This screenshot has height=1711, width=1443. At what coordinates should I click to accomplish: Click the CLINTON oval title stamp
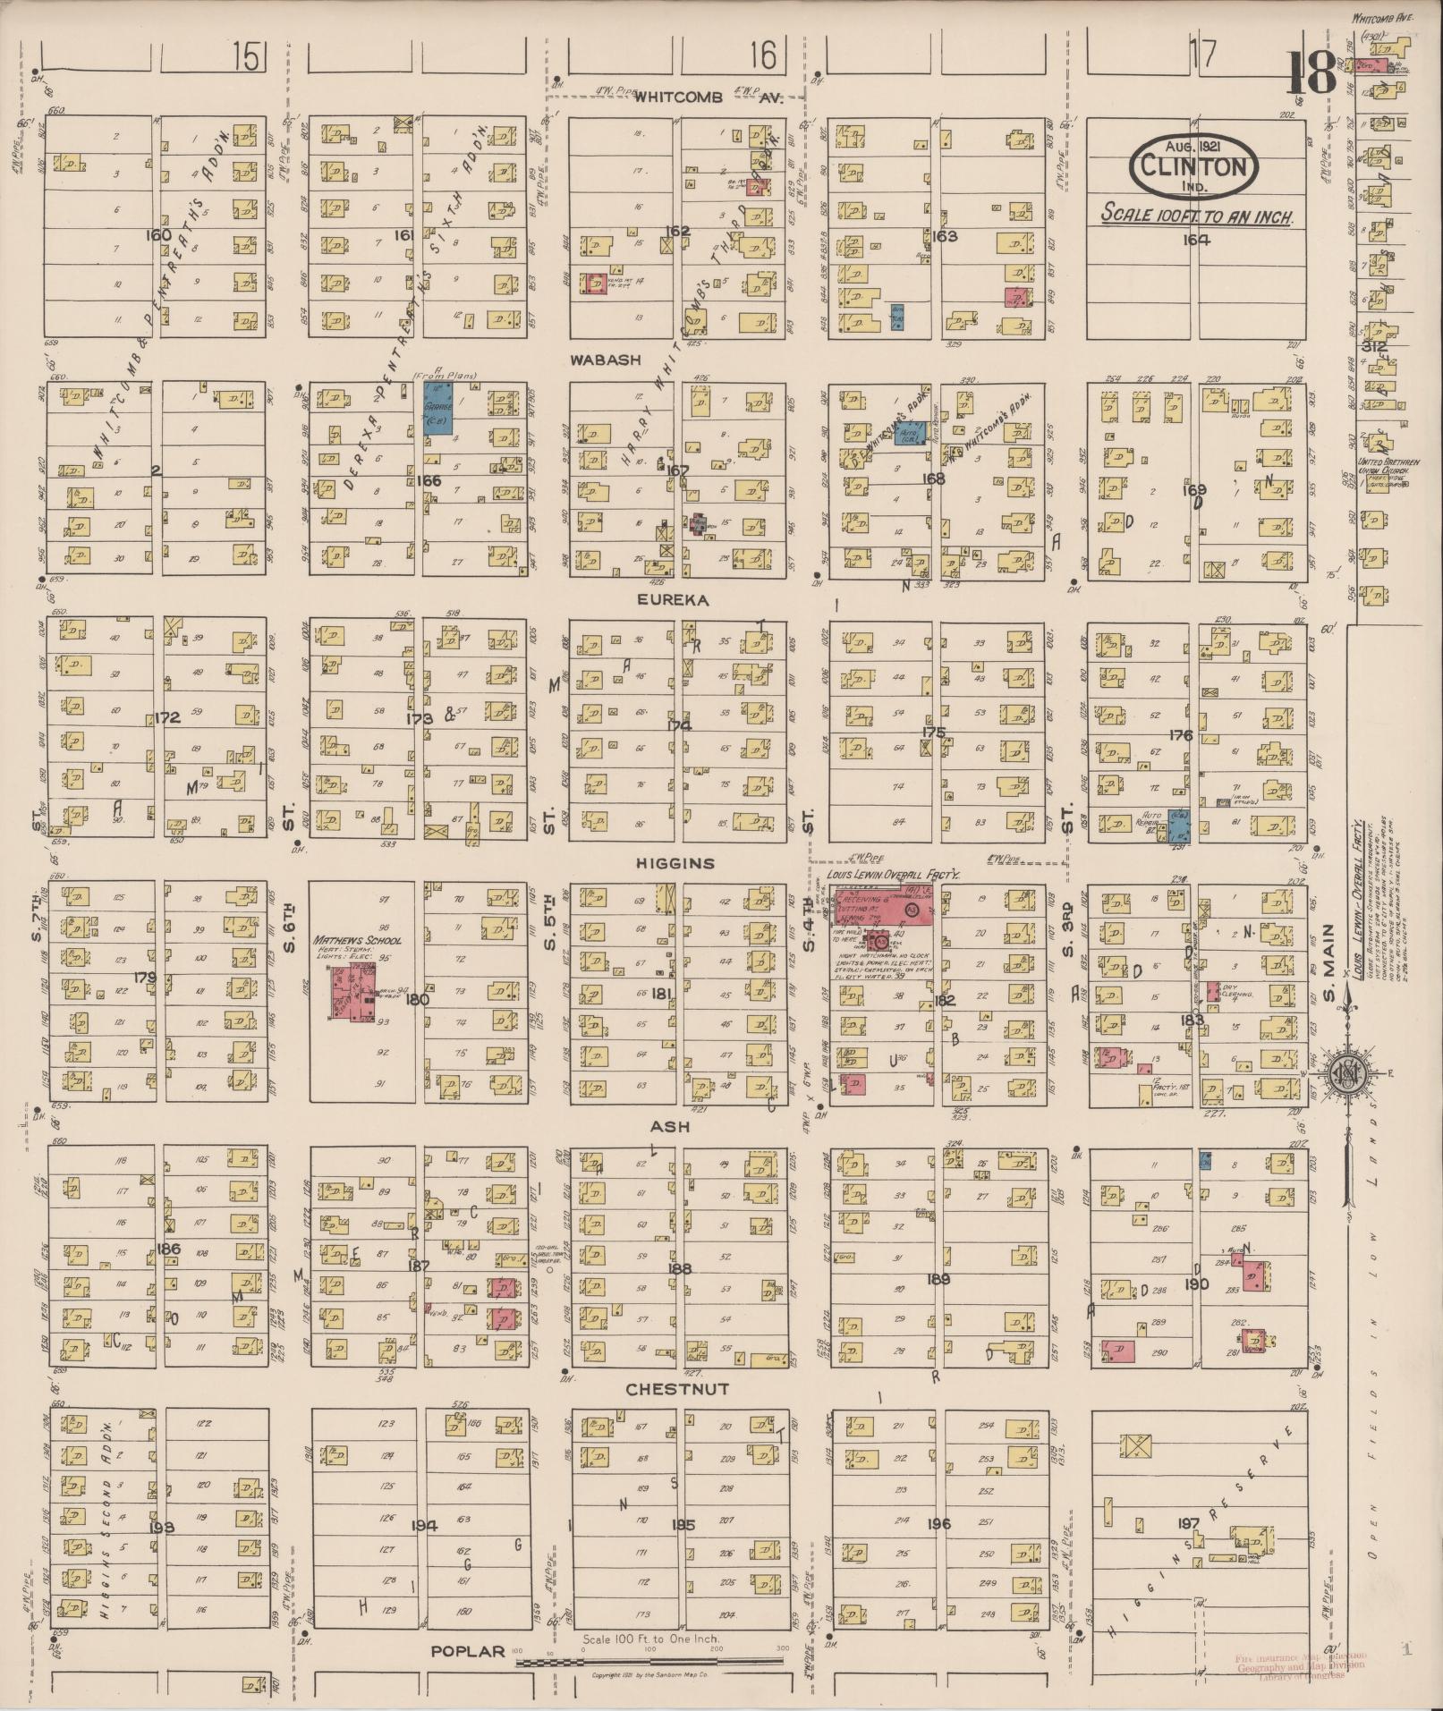1194,165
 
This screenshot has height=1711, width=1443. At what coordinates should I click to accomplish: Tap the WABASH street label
607,360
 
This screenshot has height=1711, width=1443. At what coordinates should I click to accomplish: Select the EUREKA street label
672,601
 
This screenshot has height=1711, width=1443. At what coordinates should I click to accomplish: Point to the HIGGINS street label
675,863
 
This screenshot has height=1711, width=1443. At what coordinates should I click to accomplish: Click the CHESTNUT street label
677,1389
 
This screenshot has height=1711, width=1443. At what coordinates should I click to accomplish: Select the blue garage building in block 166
437,409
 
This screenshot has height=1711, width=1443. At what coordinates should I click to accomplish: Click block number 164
1195,239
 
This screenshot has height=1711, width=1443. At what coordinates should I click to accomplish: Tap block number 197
1188,1523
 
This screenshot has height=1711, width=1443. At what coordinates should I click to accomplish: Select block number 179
145,978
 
